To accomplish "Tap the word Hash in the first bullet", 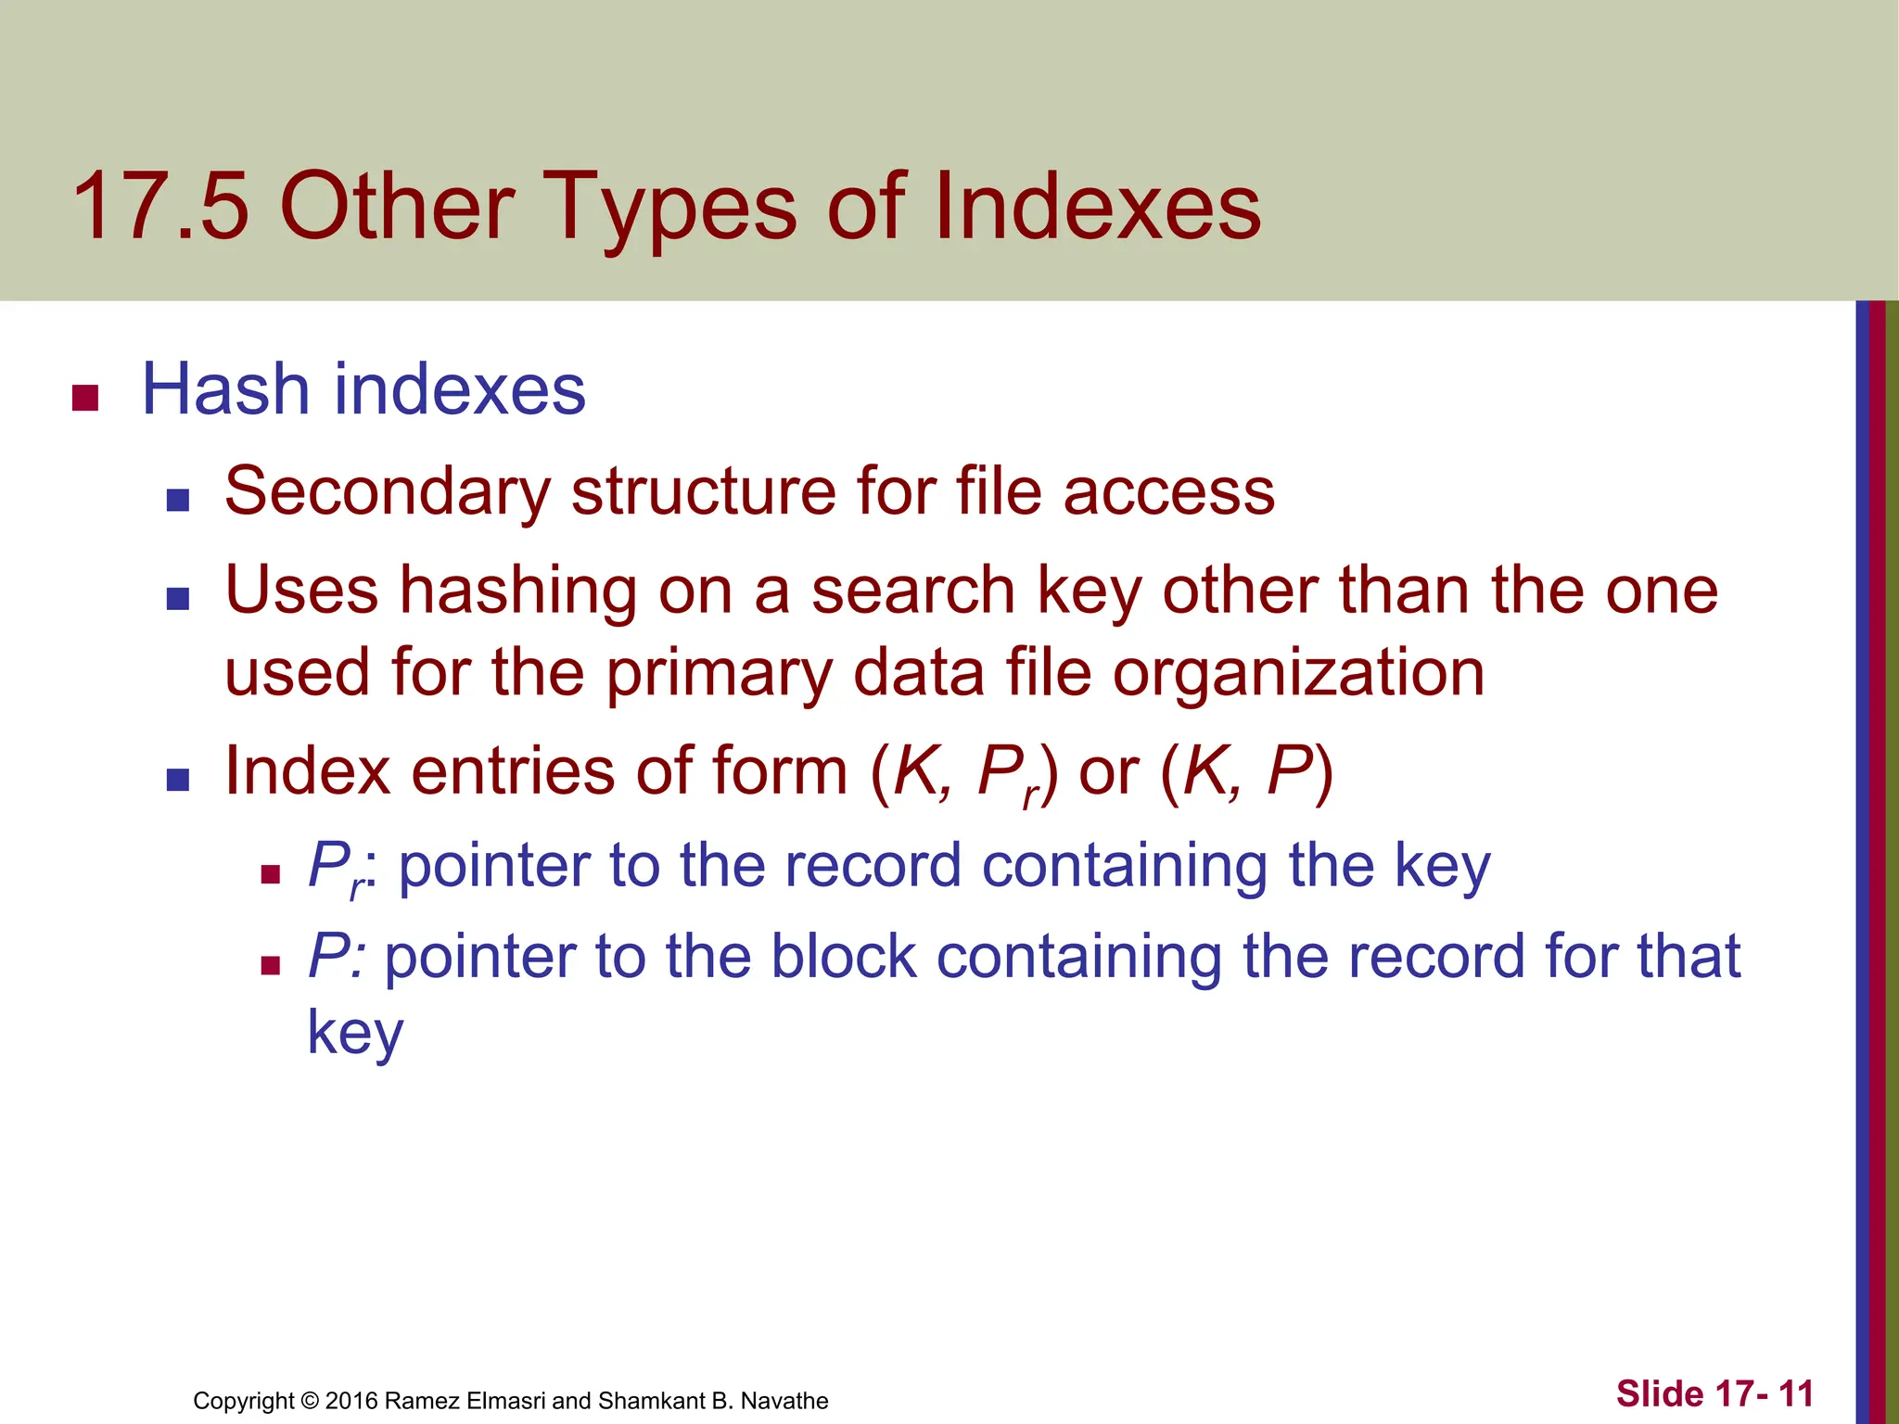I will pyautogui.click(x=225, y=389).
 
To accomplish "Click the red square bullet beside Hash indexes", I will pyautogui.click(x=85, y=398).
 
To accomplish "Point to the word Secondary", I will pyautogui.click(x=388, y=491).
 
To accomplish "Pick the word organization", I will pyautogui.click(x=1298, y=673).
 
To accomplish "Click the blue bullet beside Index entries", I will pyautogui.click(x=177, y=779).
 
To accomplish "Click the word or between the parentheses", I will pyautogui.click(x=1109, y=771).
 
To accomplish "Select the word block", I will pyautogui.click(x=844, y=957).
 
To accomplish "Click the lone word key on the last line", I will pyautogui.click(x=355, y=1033).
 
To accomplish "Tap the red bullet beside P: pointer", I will pyautogui.click(x=271, y=966).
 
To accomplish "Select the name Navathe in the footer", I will pyautogui.click(x=784, y=1401).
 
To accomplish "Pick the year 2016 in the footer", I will pyautogui.click(x=351, y=1401).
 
